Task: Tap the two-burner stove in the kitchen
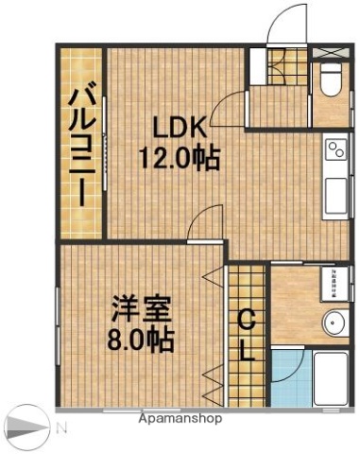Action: click(x=336, y=151)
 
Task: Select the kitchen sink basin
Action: click(x=337, y=194)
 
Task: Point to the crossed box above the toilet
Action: click(x=331, y=52)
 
